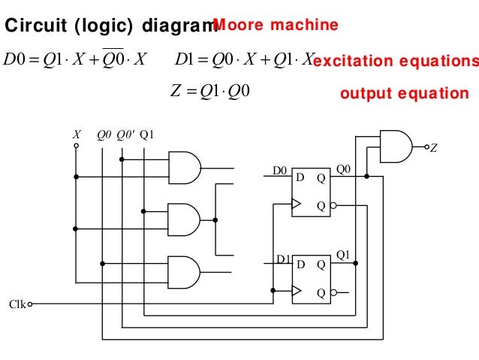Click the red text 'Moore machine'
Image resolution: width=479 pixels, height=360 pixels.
pyautogui.click(x=276, y=26)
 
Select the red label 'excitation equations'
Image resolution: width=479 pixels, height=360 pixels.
pyautogui.click(x=395, y=60)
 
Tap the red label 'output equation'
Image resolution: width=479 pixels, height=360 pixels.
pyautogui.click(x=404, y=94)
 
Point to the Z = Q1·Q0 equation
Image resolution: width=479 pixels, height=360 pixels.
pyautogui.click(x=213, y=92)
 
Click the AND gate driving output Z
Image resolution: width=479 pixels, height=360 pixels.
pyautogui.click(x=396, y=146)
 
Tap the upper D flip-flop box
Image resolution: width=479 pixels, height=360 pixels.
pyautogui.click(x=311, y=192)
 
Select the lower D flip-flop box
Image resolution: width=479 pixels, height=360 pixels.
pyautogui.click(x=311, y=279)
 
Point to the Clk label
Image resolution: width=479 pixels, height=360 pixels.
pyautogui.click(x=17, y=304)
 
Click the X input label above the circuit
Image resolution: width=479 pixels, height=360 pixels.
pyautogui.click(x=76, y=135)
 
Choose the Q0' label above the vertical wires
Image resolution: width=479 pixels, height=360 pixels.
pyautogui.click(x=125, y=135)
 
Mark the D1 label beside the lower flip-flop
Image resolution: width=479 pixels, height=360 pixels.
pyautogui.click(x=283, y=259)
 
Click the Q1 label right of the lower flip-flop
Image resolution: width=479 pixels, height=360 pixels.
pyautogui.click(x=343, y=255)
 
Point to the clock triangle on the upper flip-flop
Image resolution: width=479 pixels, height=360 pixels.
pyautogui.click(x=296, y=204)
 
